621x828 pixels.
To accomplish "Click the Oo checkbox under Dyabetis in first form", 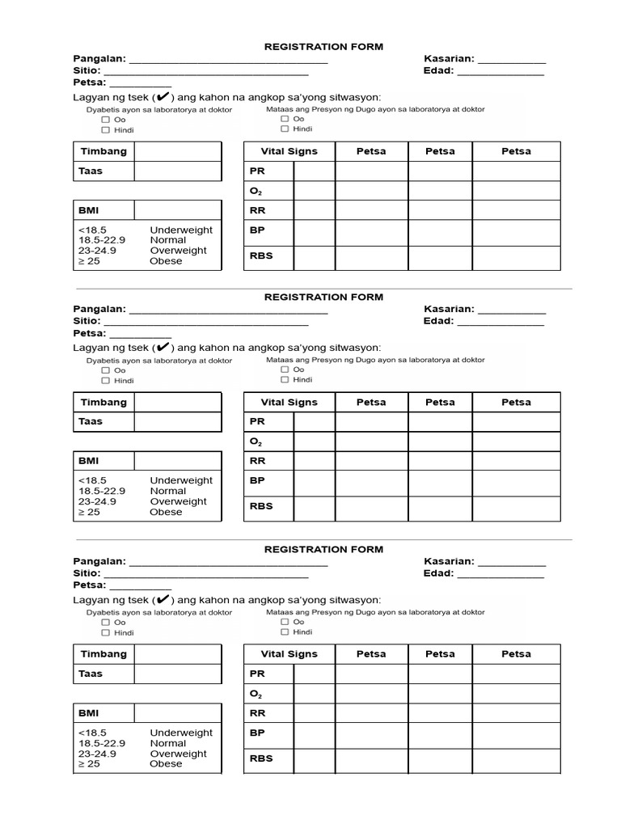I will [106, 120].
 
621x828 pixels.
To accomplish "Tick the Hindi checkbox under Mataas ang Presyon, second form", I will [285, 379].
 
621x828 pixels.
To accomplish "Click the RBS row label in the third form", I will [261, 758].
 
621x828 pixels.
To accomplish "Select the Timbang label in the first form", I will [103, 151].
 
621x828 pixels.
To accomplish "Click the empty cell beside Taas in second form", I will [177, 421].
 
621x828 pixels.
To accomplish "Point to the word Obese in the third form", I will [166, 763].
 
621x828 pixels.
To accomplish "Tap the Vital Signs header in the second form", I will [289, 402].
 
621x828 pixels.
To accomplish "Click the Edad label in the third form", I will [437, 573].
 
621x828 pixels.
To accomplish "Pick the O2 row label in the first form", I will [256, 192].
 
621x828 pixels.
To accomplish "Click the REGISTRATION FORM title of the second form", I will [323, 297].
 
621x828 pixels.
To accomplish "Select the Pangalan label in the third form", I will [99, 561].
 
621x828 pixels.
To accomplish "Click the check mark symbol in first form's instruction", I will [163, 97].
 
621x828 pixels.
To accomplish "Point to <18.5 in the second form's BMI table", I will [92, 480].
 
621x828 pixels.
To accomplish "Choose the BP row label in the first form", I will [257, 230].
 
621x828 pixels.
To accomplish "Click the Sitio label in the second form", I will [87, 321].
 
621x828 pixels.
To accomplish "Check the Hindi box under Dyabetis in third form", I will [106, 632].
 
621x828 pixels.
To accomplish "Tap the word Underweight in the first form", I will [181, 230].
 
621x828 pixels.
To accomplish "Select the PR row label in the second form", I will [257, 421].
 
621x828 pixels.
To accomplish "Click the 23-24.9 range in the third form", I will [97, 754].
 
